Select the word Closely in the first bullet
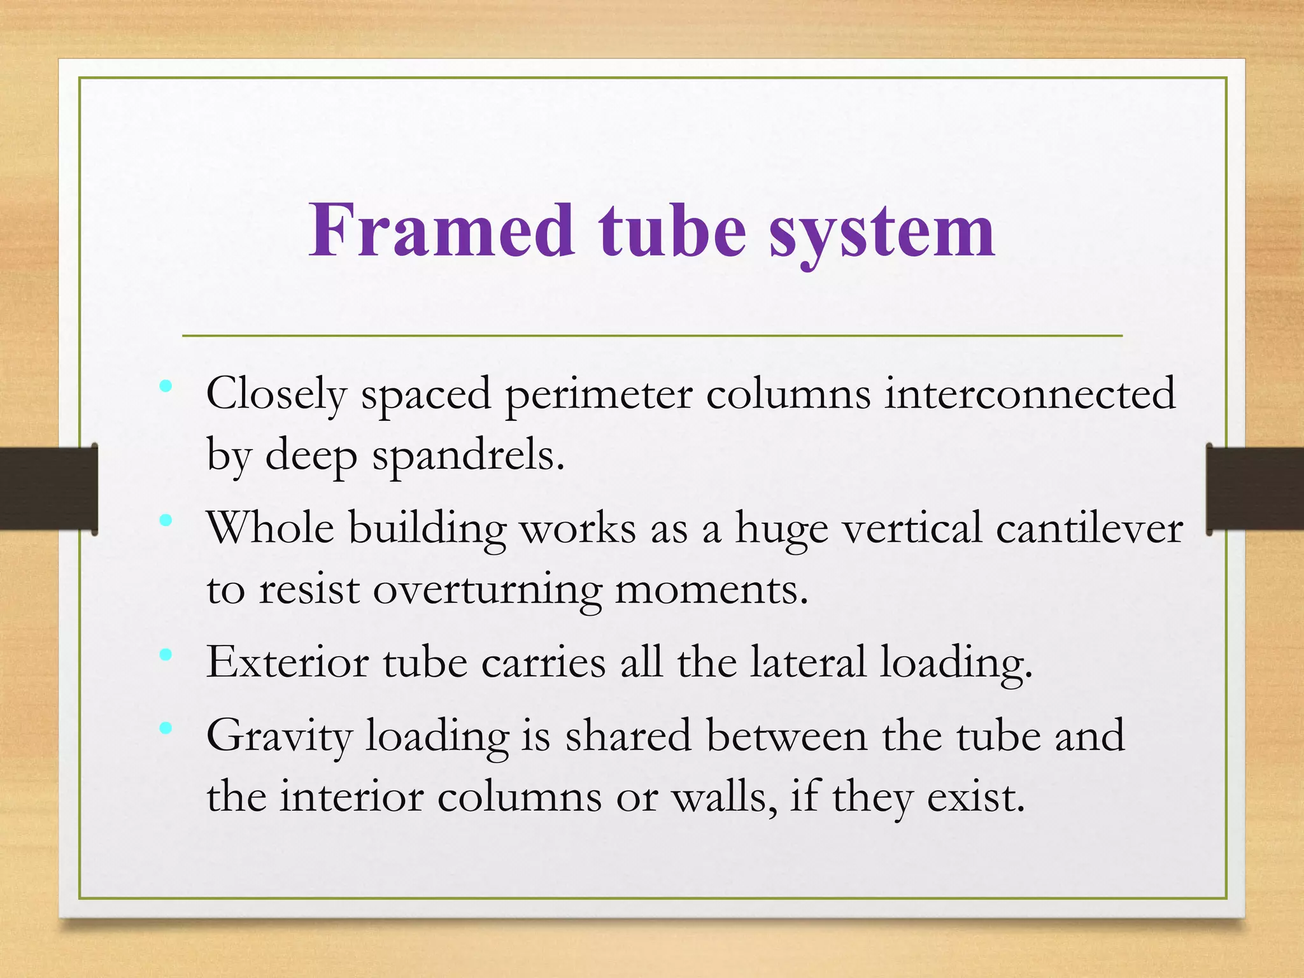coord(276,395)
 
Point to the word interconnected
coord(1030,393)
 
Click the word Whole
coord(271,528)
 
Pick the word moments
coord(711,590)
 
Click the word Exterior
coord(287,662)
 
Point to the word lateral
coord(809,662)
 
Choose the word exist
coord(975,797)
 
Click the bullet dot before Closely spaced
coord(166,386)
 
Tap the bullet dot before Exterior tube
coord(166,655)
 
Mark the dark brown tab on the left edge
coord(48,488)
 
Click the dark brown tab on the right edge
coord(1255,488)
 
